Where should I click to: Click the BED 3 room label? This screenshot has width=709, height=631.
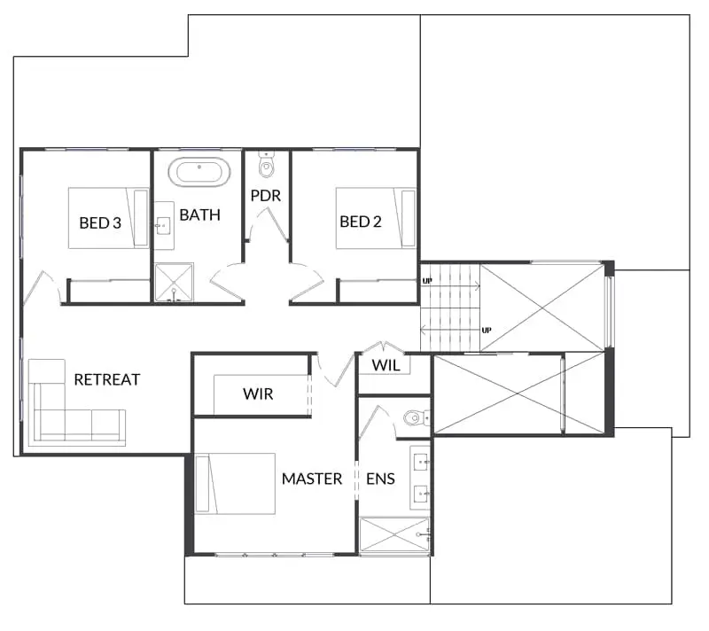coord(100,222)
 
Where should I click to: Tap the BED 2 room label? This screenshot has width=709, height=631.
coord(361,222)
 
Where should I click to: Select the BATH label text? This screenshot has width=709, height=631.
coord(200,214)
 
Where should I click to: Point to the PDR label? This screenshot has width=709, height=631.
coord(266,196)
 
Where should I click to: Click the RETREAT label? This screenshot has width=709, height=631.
coord(107,379)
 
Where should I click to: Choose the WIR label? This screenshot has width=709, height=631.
coord(258,394)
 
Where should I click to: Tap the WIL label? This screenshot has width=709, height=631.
coord(386,365)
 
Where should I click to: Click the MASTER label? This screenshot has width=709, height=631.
coord(312,479)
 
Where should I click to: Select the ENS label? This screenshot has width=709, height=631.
coord(381,479)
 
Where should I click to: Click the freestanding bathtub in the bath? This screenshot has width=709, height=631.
coord(199,172)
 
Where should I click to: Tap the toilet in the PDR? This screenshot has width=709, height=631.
coord(267,165)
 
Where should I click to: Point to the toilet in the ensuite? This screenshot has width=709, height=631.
coord(417,418)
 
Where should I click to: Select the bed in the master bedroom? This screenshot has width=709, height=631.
coord(235,484)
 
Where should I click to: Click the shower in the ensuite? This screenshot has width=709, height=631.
coord(394,534)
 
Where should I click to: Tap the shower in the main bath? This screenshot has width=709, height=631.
coord(174,283)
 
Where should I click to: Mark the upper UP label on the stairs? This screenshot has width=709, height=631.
coord(427,281)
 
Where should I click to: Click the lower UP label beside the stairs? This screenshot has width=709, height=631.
coord(487,331)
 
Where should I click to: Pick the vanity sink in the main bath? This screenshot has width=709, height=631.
coord(163,225)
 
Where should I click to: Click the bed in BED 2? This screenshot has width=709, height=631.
coord(376,218)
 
